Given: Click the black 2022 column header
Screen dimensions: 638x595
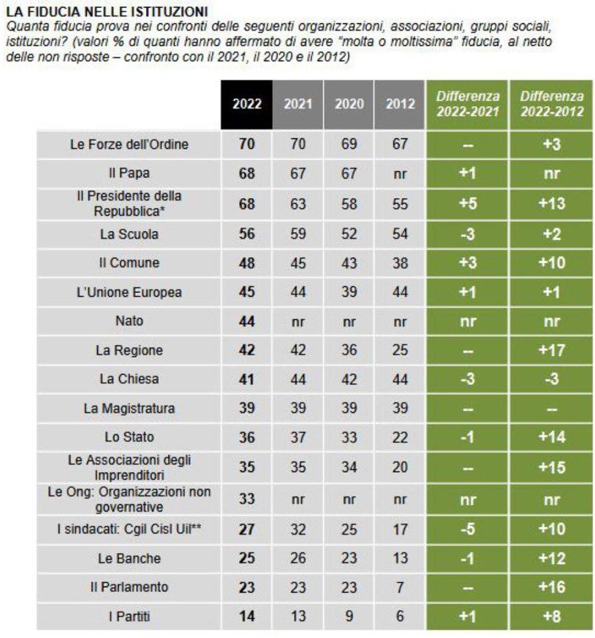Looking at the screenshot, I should [247, 104].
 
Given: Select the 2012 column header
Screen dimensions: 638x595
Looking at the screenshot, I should [400, 104].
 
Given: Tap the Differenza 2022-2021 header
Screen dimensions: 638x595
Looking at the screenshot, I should [467, 104].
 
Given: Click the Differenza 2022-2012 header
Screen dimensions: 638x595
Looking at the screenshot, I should [551, 104].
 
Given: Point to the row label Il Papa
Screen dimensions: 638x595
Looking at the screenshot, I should [128, 174].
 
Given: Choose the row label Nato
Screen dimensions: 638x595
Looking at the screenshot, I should [128, 321].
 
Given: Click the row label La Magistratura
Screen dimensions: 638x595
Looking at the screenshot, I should [128, 408].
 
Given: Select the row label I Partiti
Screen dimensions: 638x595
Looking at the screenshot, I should [128, 615].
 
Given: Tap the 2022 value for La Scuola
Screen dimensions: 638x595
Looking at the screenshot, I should [247, 235].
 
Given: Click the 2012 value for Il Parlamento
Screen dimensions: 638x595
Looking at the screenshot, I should [400, 587].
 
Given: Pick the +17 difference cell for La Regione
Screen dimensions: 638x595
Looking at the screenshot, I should [551, 350].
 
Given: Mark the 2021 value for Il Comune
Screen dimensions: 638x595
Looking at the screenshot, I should [298, 263].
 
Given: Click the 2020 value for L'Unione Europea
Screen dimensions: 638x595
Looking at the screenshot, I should [349, 292].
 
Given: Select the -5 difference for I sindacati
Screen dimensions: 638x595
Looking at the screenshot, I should [467, 529].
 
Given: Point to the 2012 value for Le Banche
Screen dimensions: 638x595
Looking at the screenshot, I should [400, 558].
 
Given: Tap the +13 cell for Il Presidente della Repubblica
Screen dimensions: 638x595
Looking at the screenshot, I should [551, 204].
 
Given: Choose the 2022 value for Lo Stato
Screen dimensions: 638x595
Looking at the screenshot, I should [247, 436].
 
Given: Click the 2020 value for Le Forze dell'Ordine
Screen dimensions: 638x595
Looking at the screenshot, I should [349, 144].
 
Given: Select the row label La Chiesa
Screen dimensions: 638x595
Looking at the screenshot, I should [128, 379].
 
